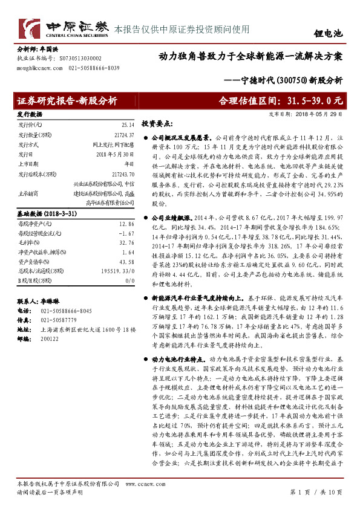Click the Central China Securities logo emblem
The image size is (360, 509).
pyautogui.click(x=29, y=27)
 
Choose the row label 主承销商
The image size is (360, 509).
pyautogui.click(x=29, y=193)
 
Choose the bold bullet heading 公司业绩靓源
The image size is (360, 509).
pyautogui.click(x=172, y=216)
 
